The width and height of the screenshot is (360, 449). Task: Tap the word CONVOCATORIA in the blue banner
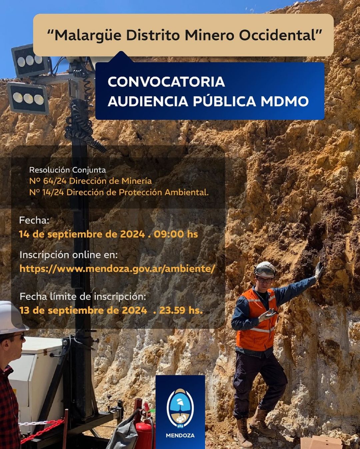point(166,82)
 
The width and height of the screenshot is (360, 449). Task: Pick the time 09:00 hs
point(176,234)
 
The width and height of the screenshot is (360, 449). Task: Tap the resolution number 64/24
point(55,181)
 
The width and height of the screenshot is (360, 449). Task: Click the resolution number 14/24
point(53,192)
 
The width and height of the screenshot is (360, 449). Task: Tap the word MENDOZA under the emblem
point(180,435)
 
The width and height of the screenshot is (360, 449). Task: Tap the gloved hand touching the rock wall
point(319,270)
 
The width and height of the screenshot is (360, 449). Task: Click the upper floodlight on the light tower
point(30,60)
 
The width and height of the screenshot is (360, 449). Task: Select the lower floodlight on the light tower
point(28,98)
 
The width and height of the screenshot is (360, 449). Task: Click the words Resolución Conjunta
point(67,170)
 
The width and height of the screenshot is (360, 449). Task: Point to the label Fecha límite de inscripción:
point(83,296)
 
